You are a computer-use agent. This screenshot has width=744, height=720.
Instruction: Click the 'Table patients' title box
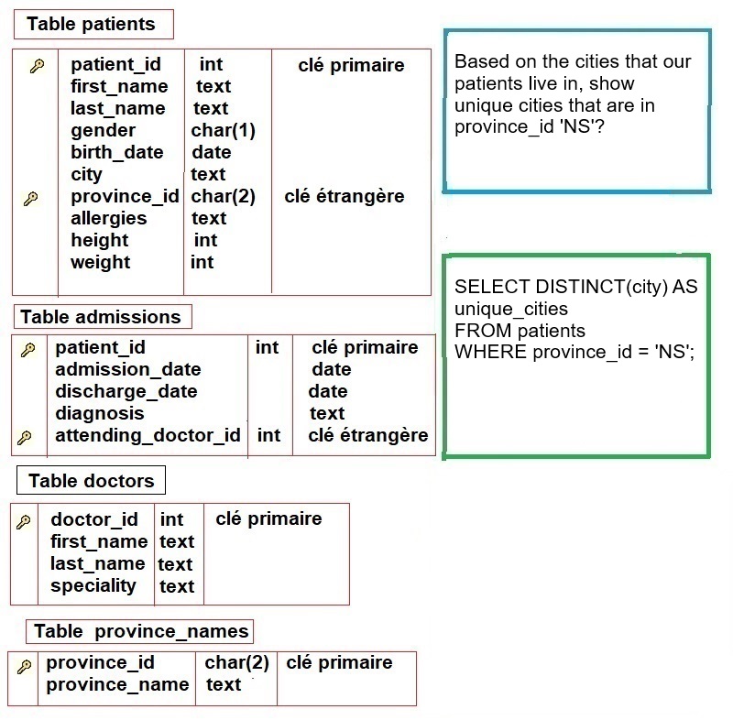(93, 24)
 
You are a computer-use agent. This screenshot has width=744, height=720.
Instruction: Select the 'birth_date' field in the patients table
(117, 152)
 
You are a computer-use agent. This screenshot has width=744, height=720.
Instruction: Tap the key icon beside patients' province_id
(31, 198)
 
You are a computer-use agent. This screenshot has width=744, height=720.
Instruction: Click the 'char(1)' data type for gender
(223, 130)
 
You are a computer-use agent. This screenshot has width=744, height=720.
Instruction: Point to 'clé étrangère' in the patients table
(344, 196)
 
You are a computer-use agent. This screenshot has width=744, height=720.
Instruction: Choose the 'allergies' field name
(109, 219)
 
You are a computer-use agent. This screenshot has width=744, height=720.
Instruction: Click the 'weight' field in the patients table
(100, 262)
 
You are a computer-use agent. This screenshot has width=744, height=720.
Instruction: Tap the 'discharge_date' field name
(126, 392)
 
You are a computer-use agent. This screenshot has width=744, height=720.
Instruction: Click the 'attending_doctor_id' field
(148, 435)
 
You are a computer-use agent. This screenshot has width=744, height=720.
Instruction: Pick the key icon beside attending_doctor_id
(25, 437)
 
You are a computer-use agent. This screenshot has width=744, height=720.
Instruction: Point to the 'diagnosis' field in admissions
(100, 414)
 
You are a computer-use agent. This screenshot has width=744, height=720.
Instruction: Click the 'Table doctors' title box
(91, 480)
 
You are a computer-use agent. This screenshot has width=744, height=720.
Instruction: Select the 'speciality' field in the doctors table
(93, 586)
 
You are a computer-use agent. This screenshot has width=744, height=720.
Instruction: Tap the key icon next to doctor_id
(24, 522)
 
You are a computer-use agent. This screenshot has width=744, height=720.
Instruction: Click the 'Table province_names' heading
(140, 631)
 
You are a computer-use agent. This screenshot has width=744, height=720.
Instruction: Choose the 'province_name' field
(117, 685)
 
